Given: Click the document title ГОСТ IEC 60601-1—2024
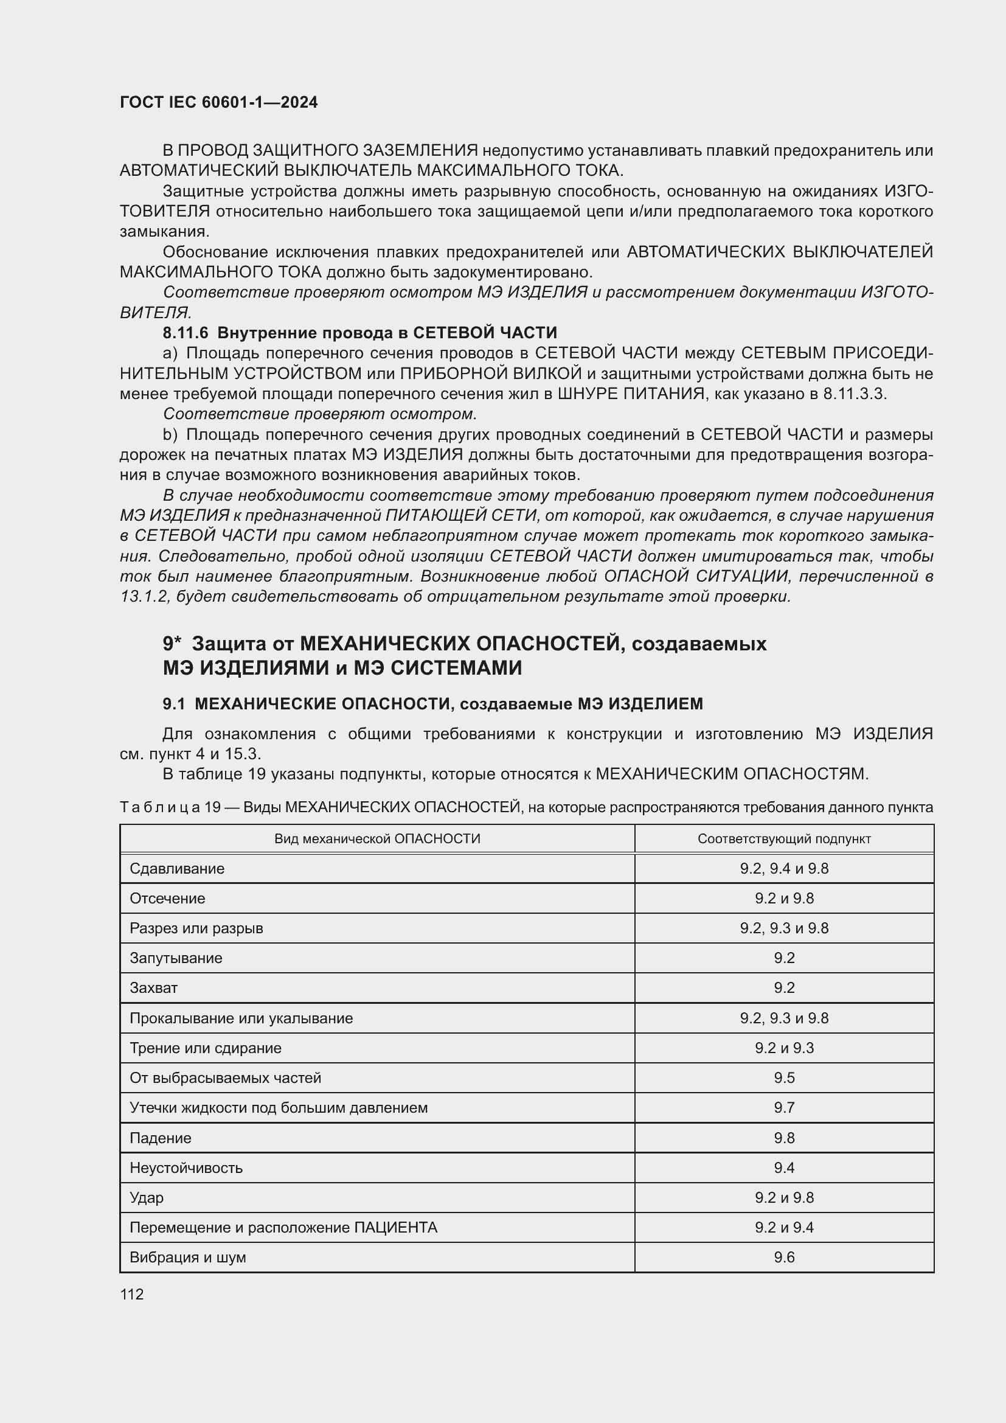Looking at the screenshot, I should click(219, 102).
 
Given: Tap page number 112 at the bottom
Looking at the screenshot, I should click(132, 1294).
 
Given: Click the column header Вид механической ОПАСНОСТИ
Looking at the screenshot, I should click(377, 838).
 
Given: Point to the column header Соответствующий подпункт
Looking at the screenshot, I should click(783, 838).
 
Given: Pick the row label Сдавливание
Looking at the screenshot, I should click(176, 868).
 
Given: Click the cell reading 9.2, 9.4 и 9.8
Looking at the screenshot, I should click(783, 868).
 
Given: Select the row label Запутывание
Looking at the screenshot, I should click(175, 958).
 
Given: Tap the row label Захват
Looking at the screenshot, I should click(153, 988).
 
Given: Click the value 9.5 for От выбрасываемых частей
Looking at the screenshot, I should click(783, 1078).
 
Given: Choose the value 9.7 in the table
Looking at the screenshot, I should click(783, 1107).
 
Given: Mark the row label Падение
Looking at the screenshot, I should click(160, 1138).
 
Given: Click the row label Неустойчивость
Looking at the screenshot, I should click(186, 1167).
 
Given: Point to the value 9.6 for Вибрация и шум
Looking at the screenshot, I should click(783, 1257).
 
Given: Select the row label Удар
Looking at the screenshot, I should click(146, 1197).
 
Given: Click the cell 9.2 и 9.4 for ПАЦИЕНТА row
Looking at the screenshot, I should click(783, 1227).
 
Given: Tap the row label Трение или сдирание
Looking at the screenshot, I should click(205, 1048).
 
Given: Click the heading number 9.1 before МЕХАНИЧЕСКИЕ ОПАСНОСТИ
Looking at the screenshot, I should click(173, 704).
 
